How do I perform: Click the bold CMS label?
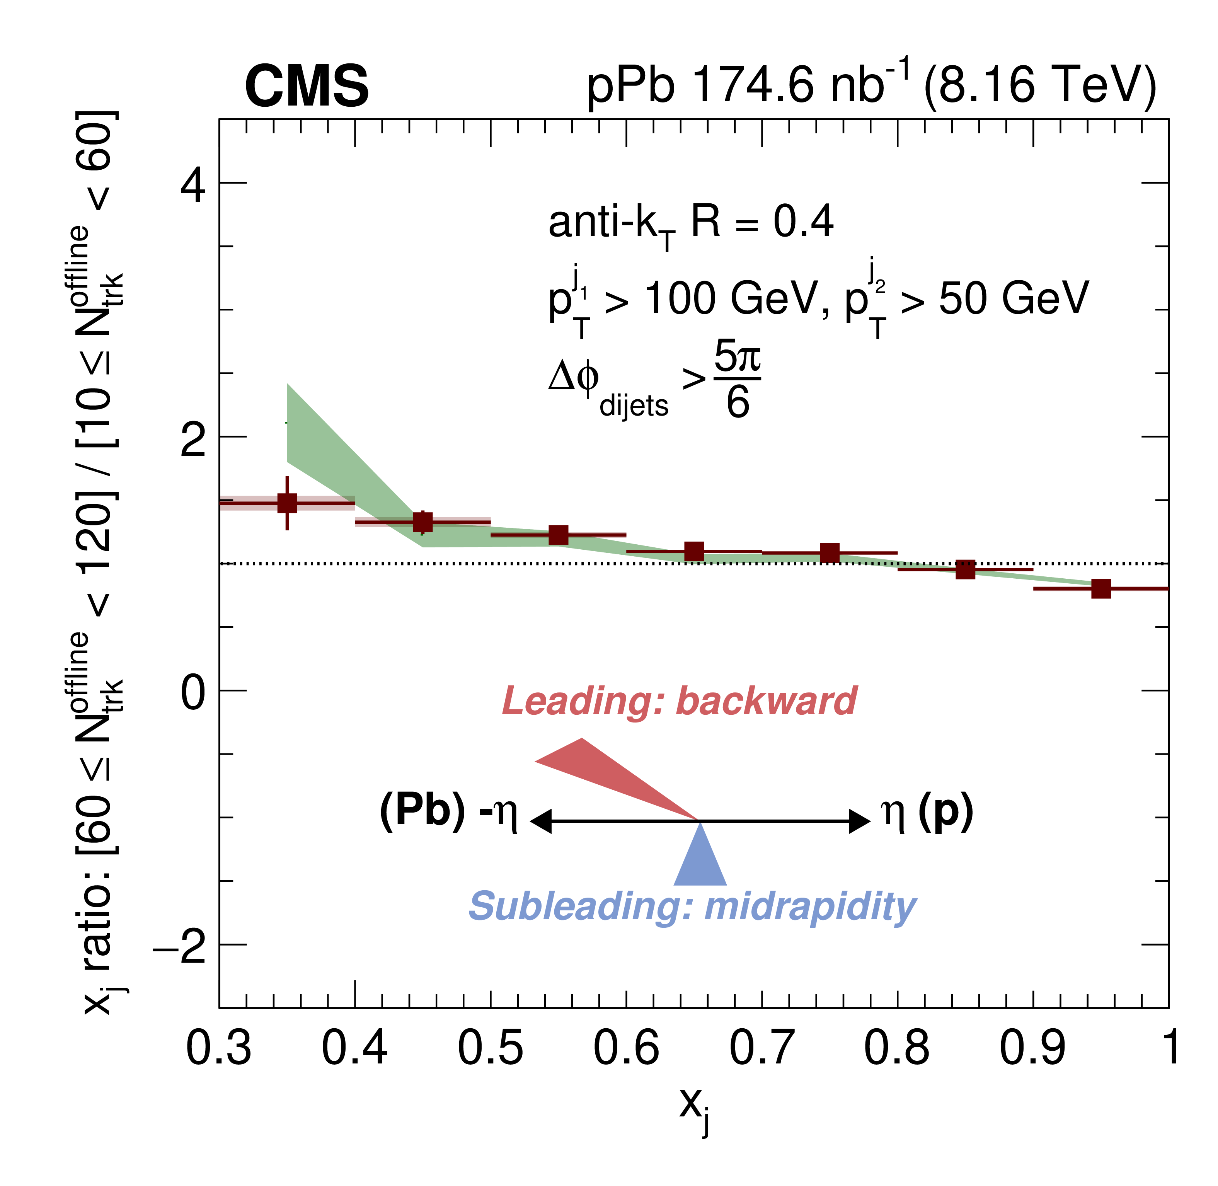307,86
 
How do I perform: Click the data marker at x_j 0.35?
287,503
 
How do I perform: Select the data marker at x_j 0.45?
423,522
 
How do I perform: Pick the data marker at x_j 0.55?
559,535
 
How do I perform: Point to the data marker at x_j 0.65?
694,551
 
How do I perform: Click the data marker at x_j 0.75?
830,552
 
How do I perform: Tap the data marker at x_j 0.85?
965,569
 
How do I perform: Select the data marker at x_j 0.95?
1101,589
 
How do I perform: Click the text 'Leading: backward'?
679,701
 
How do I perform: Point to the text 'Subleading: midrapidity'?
692,907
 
